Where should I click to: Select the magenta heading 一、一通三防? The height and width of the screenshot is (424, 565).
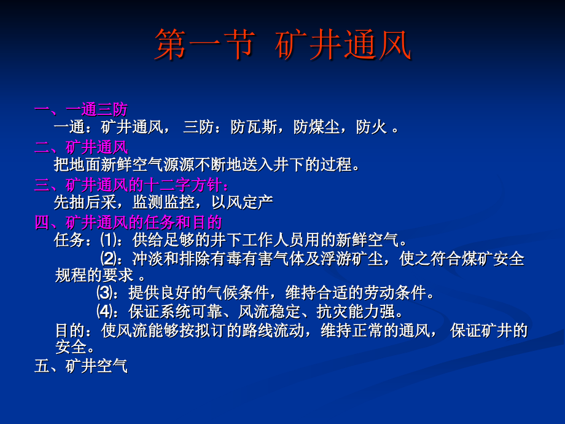click(x=81, y=110)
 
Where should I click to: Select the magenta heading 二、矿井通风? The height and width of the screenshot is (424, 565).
click(x=81, y=147)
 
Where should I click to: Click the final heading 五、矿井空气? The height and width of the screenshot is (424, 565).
click(x=81, y=367)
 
